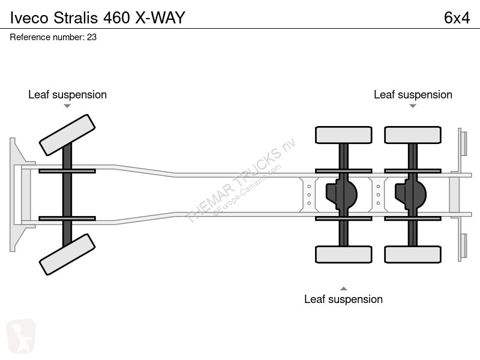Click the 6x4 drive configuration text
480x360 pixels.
click(x=457, y=18)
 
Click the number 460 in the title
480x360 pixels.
click(x=116, y=18)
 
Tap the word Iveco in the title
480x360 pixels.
click(x=29, y=18)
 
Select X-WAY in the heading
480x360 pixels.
click(x=160, y=18)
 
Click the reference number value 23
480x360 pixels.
click(x=92, y=37)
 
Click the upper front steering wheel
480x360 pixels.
click(x=67, y=135)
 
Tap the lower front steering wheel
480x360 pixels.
click(x=67, y=254)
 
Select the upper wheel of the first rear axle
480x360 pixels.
click(x=343, y=135)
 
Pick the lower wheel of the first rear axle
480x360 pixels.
click(x=343, y=254)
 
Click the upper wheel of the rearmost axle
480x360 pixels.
click(x=413, y=135)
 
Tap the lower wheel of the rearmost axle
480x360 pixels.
click(x=413, y=254)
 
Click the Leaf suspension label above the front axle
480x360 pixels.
click(x=67, y=95)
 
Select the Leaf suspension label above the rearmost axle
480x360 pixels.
click(x=413, y=95)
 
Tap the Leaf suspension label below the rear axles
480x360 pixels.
click(x=343, y=299)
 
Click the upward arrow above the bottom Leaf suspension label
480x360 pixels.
click(x=343, y=289)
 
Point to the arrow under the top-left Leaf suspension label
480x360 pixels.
click(x=67, y=106)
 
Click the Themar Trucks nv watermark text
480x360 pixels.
click(x=239, y=181)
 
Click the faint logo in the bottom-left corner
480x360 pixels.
click(x=21, y=336)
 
